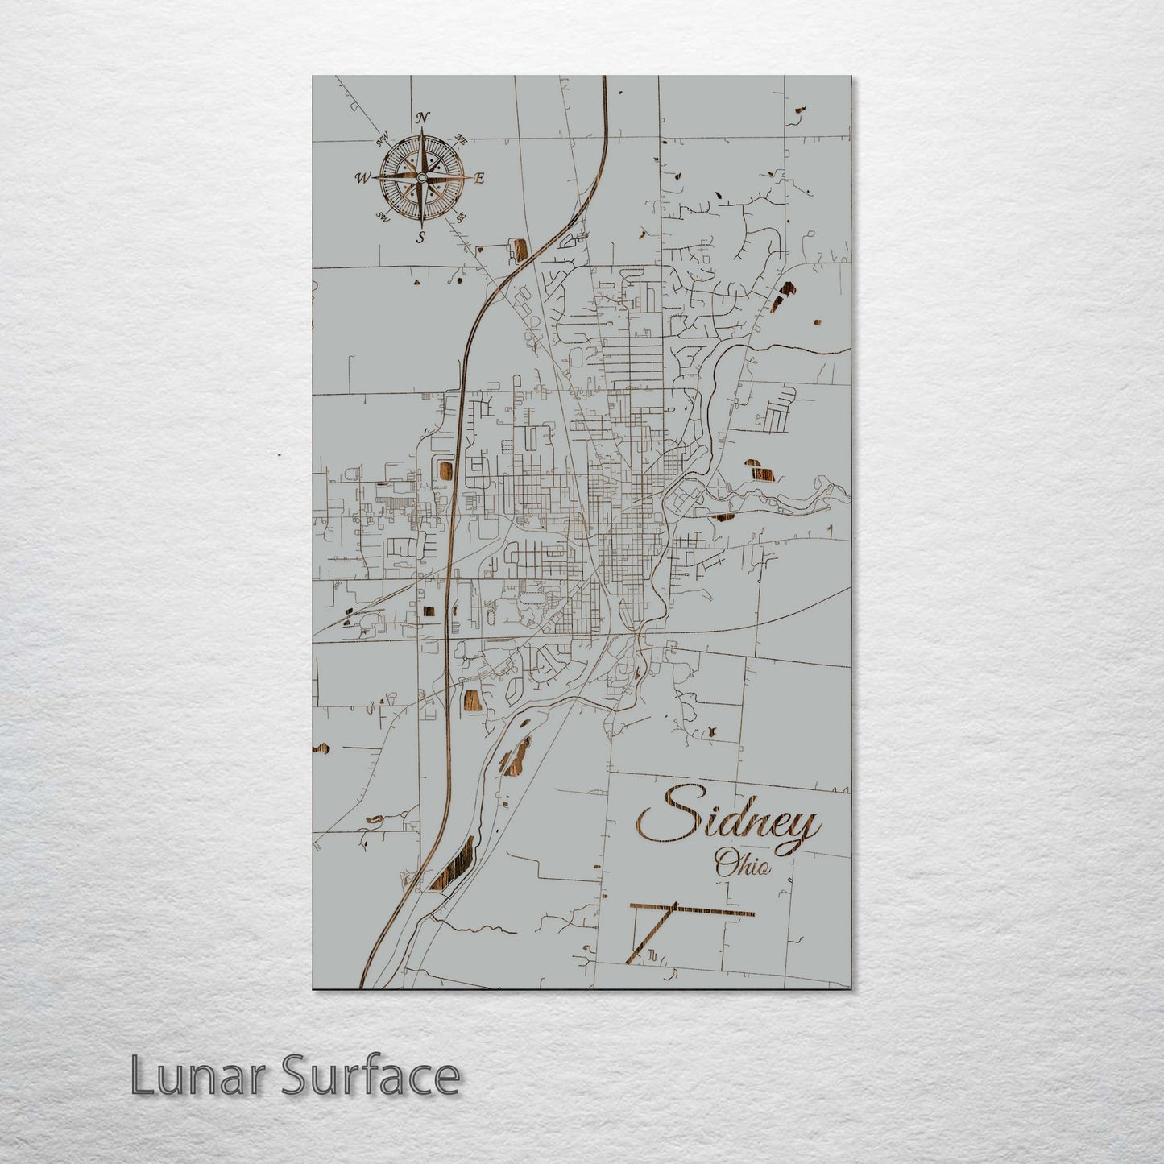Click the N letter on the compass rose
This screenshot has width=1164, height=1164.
422,118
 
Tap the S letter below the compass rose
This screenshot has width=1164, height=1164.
420,237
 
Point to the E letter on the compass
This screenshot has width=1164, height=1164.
478,179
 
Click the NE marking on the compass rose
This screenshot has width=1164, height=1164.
462,138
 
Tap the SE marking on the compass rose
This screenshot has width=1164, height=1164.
460,217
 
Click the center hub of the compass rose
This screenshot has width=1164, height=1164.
420,177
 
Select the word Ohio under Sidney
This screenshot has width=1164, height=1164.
743,867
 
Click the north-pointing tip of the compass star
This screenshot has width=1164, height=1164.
421,132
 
